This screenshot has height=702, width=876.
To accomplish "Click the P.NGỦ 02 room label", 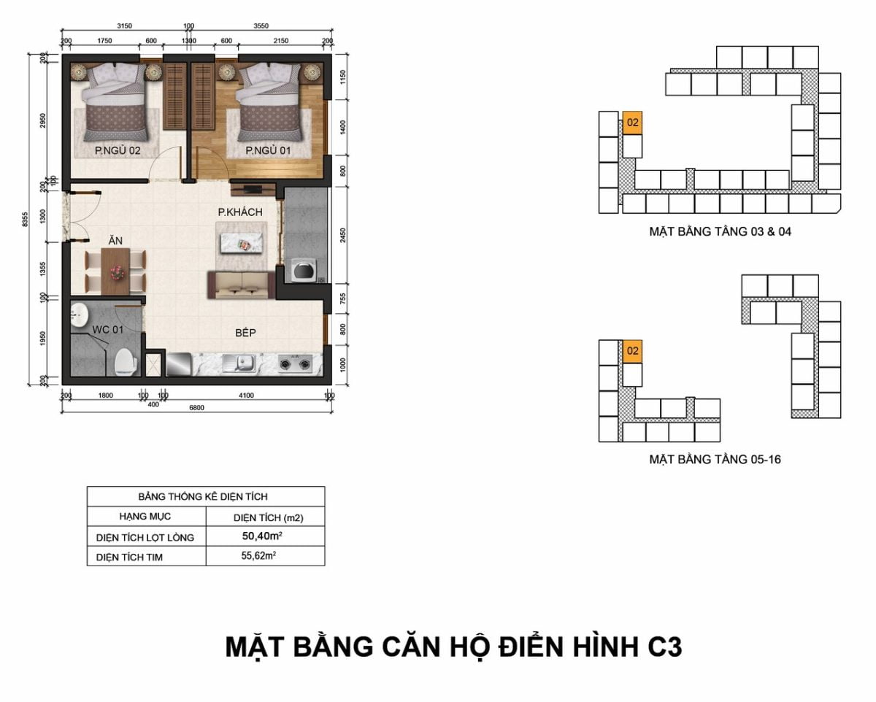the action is [118, 150].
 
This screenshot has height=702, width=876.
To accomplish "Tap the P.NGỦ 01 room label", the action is [268, 150].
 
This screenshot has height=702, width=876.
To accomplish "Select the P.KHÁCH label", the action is [240, 212].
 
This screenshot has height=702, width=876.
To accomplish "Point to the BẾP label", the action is [245, 333].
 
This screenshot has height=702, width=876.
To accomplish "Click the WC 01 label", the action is [107, 329].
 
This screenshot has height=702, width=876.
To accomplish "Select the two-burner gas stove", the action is [296, 363].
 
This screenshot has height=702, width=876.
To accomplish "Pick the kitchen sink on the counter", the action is [239, 363].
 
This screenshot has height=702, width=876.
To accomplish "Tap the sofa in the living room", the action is [242, 285].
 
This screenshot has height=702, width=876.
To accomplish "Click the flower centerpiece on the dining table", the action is [116, 272].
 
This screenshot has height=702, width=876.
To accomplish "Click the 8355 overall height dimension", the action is [26, 220].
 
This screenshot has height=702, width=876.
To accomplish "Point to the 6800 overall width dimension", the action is [196, 407].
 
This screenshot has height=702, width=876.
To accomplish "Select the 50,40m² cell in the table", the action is [263, 536].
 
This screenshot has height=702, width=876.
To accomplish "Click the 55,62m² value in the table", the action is [258, 555].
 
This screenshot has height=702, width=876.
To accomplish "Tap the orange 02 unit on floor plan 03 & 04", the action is [633, 123].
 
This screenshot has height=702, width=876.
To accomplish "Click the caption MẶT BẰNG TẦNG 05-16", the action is [715, 460].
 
